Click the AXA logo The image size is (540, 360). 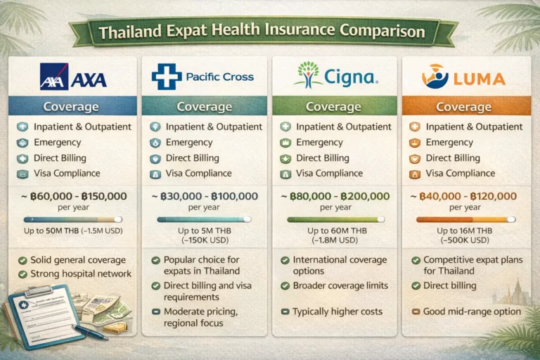(x=73, y=75)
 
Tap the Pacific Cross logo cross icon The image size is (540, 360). (x=166, y=75)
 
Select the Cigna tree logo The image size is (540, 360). (x=306, y=74)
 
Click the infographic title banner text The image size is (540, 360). (x=262, y=32)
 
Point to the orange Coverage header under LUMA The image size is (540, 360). (x=463, y=106)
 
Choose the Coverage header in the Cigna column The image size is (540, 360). (x=333, y=106)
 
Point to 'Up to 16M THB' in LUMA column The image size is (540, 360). (x=464, y=231)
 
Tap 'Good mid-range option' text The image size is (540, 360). (x=472, y=311)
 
